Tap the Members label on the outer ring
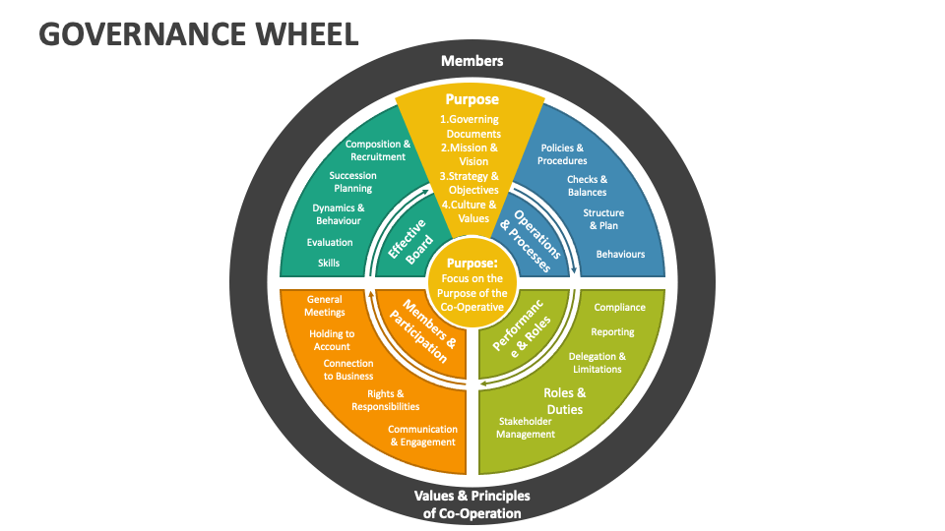coord(472,61)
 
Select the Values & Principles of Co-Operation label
coord(472,503)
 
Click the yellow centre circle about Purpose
coord(472,284)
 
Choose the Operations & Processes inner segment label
coord(531,234)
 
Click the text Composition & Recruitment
coord(377,150)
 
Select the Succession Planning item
coord(352,182)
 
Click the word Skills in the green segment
coord(329,263)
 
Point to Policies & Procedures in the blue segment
coord(563,154)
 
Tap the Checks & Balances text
coord(587,186)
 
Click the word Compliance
coord(619,307)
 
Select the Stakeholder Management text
coord(526,428)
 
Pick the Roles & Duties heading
coord(563,400)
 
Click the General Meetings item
coord(325,306)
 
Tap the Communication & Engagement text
coord(422,436)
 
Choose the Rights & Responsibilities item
coord(386,400)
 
